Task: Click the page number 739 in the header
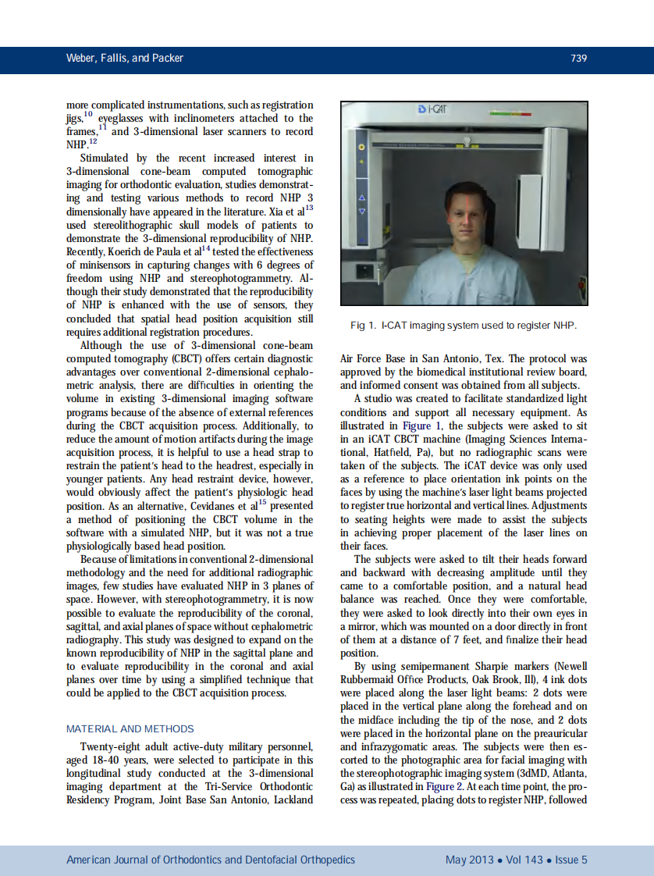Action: tap(578, 59)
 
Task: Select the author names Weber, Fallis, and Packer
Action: tap(125, 59)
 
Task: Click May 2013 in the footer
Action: tap(469, 860)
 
